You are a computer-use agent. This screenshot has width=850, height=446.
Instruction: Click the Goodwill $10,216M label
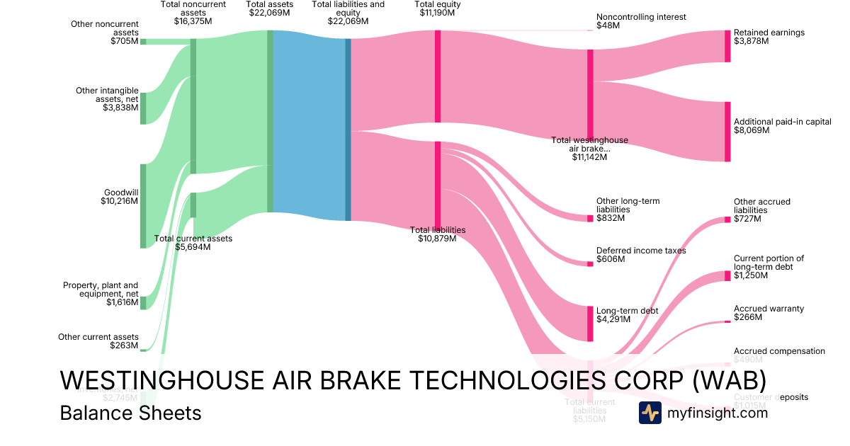point(119,197)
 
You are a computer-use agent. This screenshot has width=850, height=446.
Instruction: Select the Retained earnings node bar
point(727,46)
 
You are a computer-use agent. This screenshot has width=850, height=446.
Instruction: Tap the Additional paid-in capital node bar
point(727,132)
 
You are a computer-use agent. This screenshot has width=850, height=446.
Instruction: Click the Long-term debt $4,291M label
point(628,315)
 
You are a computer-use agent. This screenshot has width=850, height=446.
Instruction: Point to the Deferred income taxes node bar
point(590,264)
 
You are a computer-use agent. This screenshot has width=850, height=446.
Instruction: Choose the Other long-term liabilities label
point(628,210)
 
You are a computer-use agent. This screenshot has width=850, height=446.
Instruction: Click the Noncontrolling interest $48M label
point(641,21)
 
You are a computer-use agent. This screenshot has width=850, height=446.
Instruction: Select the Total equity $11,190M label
point(438,9)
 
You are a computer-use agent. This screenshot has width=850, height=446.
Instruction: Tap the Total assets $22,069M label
point(270,9)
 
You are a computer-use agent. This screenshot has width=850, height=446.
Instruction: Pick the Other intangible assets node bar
point(142,108)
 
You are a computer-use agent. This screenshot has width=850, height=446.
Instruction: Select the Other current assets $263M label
point(98,341)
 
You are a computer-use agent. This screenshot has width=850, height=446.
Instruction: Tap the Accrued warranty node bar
point(727,322)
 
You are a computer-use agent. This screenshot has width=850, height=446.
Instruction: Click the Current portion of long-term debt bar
point(727,275)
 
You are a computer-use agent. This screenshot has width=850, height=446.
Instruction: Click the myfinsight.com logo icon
point(650,413)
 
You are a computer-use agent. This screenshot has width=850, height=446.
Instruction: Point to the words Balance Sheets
point(131,413)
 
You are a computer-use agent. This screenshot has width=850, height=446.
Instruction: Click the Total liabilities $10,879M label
point(438,234)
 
